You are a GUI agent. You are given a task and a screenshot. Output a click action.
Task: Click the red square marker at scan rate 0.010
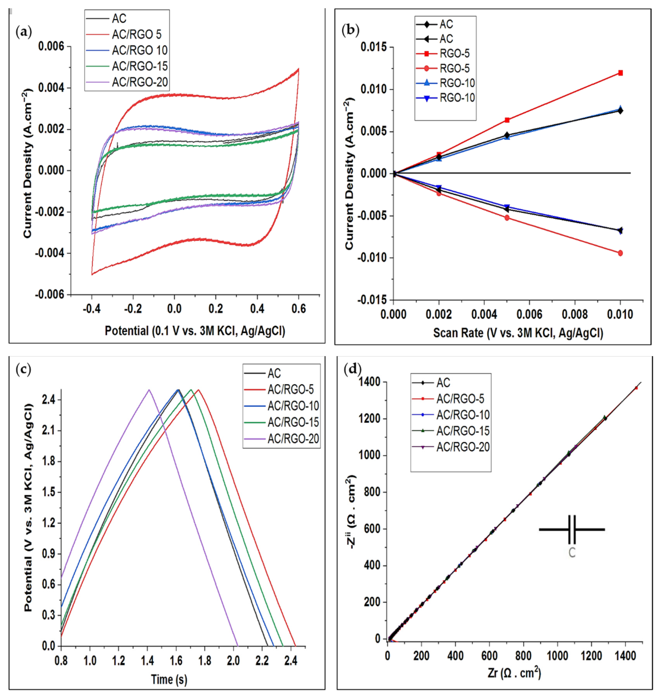point(620,73)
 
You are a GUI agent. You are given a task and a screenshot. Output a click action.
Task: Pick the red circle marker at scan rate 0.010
point(620,253)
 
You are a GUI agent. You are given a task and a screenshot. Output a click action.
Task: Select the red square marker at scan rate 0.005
point(507,120)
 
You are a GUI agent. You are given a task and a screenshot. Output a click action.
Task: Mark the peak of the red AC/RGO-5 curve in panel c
point(199,390)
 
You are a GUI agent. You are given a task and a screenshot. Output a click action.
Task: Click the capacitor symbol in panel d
point(572,529)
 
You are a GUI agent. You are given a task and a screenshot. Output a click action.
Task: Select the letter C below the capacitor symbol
point(572,553)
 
